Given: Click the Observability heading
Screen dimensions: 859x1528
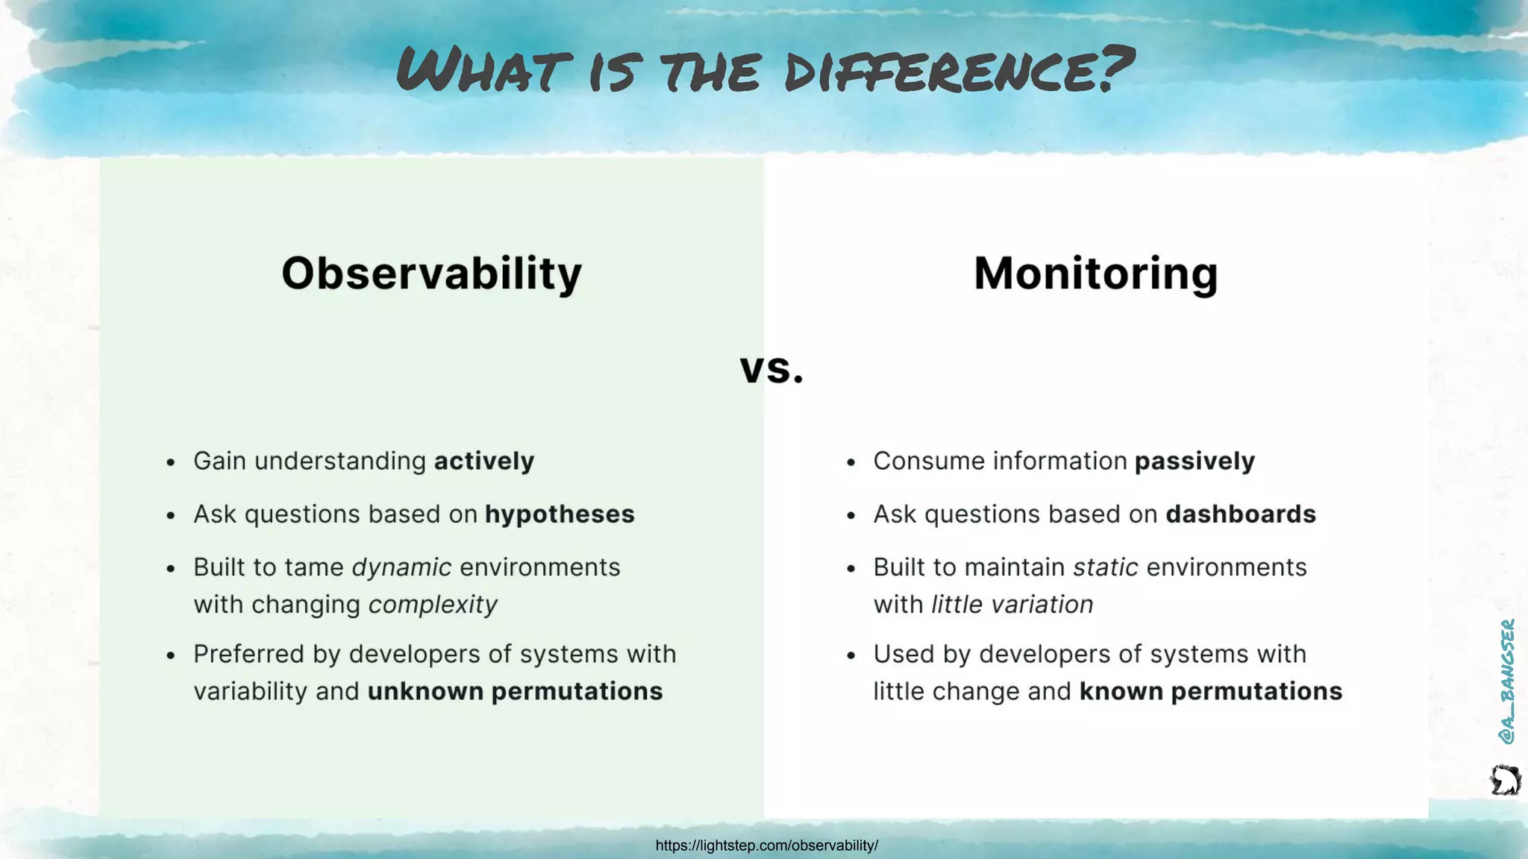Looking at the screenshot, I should coord(431,274).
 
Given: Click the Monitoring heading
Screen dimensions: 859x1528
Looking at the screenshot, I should coord(1095,274).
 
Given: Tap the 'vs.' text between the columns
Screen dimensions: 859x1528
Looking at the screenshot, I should coord(771,368).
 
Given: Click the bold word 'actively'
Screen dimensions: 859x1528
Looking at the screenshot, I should coord(483,461).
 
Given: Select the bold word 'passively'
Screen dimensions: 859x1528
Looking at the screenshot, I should coord(1194,461).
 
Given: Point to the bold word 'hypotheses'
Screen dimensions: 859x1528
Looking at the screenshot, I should coord(560,515).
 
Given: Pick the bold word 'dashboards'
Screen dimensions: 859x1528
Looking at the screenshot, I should coord(1241,515).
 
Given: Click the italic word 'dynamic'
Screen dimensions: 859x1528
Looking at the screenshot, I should coord(401,567).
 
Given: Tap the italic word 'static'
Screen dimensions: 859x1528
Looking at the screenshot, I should coord(1105,567).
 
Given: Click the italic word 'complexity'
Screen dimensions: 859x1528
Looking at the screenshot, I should coord(433,605).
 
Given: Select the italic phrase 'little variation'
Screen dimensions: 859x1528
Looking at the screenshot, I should coord(1012,605).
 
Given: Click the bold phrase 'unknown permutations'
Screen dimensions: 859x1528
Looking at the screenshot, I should coord(515,691).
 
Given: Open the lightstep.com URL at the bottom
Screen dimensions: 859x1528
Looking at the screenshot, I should coord(766,846).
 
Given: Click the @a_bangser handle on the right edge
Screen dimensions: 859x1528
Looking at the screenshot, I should coord(1506,681).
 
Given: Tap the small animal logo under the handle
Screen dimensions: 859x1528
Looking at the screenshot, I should coord(1505,781).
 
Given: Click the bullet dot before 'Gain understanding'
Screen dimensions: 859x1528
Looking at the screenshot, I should coord(171,462).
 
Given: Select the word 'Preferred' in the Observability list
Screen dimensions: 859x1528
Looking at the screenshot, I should coord(248,654).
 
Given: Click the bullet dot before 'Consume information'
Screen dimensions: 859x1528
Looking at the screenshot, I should coord(851,462).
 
